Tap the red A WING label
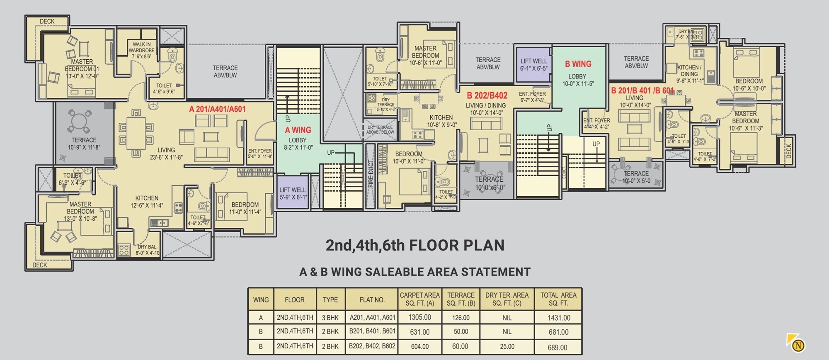point(298,130)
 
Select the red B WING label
point(578,64)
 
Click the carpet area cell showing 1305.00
point(419,317)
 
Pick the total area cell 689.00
point(558,347)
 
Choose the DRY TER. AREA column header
point(507,299)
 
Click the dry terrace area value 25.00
point(507,346)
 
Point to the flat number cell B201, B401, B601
point(372,331)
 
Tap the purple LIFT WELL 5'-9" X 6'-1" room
point(293,193)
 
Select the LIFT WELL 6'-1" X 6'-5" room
point(533,64)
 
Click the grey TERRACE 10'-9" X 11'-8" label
point(84,144)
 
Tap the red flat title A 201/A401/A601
point(217,109)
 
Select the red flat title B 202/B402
point(487,95)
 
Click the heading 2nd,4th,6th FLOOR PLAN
point(415,245)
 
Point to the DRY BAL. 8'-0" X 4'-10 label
point(147,250)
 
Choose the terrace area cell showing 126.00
point(461,318)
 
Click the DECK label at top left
point(47,21)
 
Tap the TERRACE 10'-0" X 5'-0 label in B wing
point(636,177)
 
